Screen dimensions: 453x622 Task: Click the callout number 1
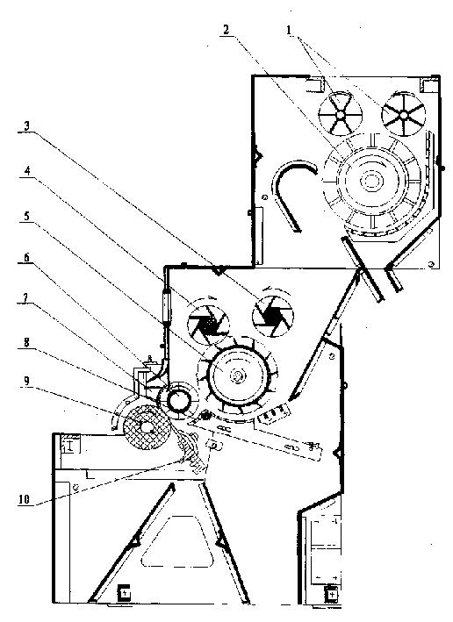[289, 30]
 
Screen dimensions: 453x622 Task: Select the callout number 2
[226, 30]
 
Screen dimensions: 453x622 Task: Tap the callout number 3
[26, 126]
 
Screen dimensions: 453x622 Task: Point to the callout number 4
[27, 171]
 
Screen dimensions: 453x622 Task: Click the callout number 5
[26, 216]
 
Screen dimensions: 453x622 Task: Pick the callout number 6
[26, 257]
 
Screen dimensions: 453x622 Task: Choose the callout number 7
[25, 297]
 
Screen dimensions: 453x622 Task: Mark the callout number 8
[26, 342]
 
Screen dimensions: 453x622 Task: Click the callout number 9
[26, 382]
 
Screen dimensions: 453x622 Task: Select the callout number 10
[25, 500]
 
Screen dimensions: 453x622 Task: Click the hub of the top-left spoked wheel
[341, 115]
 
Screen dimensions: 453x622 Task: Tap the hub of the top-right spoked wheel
[403, 115]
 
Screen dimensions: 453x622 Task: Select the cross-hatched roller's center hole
[147, 427]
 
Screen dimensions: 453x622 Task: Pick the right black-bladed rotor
[273, 316]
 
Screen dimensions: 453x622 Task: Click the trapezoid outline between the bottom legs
[176, 541]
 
